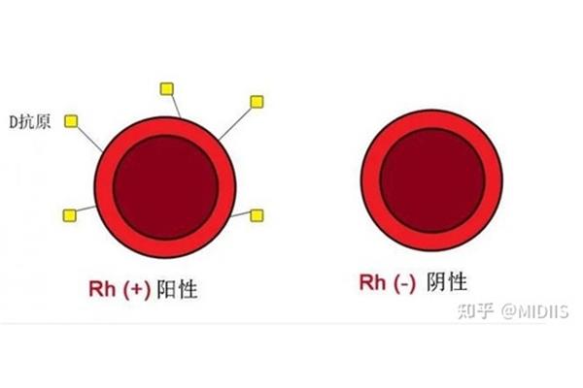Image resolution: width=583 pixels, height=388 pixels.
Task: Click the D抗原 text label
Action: click(x=30, y=122)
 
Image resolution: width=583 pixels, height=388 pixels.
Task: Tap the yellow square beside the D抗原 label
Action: click(x=71, y=121)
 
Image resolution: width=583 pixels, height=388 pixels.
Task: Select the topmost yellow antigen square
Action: click(x=166, y=89)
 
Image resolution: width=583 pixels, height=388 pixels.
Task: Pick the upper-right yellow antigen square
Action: click(x=257, y=102)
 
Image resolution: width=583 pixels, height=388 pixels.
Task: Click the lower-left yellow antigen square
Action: click(x=70, y=215)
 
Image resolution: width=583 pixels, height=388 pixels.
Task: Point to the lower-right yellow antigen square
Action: click(x=257, y=215)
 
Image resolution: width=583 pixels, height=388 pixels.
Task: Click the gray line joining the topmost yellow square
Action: click(x=176, y=106)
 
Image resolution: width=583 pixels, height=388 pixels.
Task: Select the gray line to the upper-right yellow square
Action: click(x=236, y=123)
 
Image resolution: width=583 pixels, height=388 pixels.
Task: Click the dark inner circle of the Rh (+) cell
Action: click(x=165, y=187)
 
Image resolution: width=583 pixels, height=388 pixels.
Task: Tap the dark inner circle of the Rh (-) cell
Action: click(x=432, y=180)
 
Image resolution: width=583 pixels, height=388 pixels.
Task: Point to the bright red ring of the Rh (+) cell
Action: click(x=104, y=187)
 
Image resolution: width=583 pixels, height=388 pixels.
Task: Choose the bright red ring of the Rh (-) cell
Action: click(x=371, y=180)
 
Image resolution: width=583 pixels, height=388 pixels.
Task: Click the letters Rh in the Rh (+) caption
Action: click(x=102, y=288)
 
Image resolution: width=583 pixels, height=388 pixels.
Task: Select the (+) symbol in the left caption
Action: click(x=137, y=289)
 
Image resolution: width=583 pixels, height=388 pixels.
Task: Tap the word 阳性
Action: click(x=177, y=289)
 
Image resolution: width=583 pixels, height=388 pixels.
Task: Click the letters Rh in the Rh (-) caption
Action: click(x=372, y=282)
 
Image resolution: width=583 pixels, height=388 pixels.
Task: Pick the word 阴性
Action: click(x=447, y=282)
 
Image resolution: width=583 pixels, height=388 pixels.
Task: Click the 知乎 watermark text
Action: click(x=476, y=311)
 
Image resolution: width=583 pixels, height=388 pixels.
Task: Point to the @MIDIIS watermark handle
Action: click(x=535, y=311)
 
